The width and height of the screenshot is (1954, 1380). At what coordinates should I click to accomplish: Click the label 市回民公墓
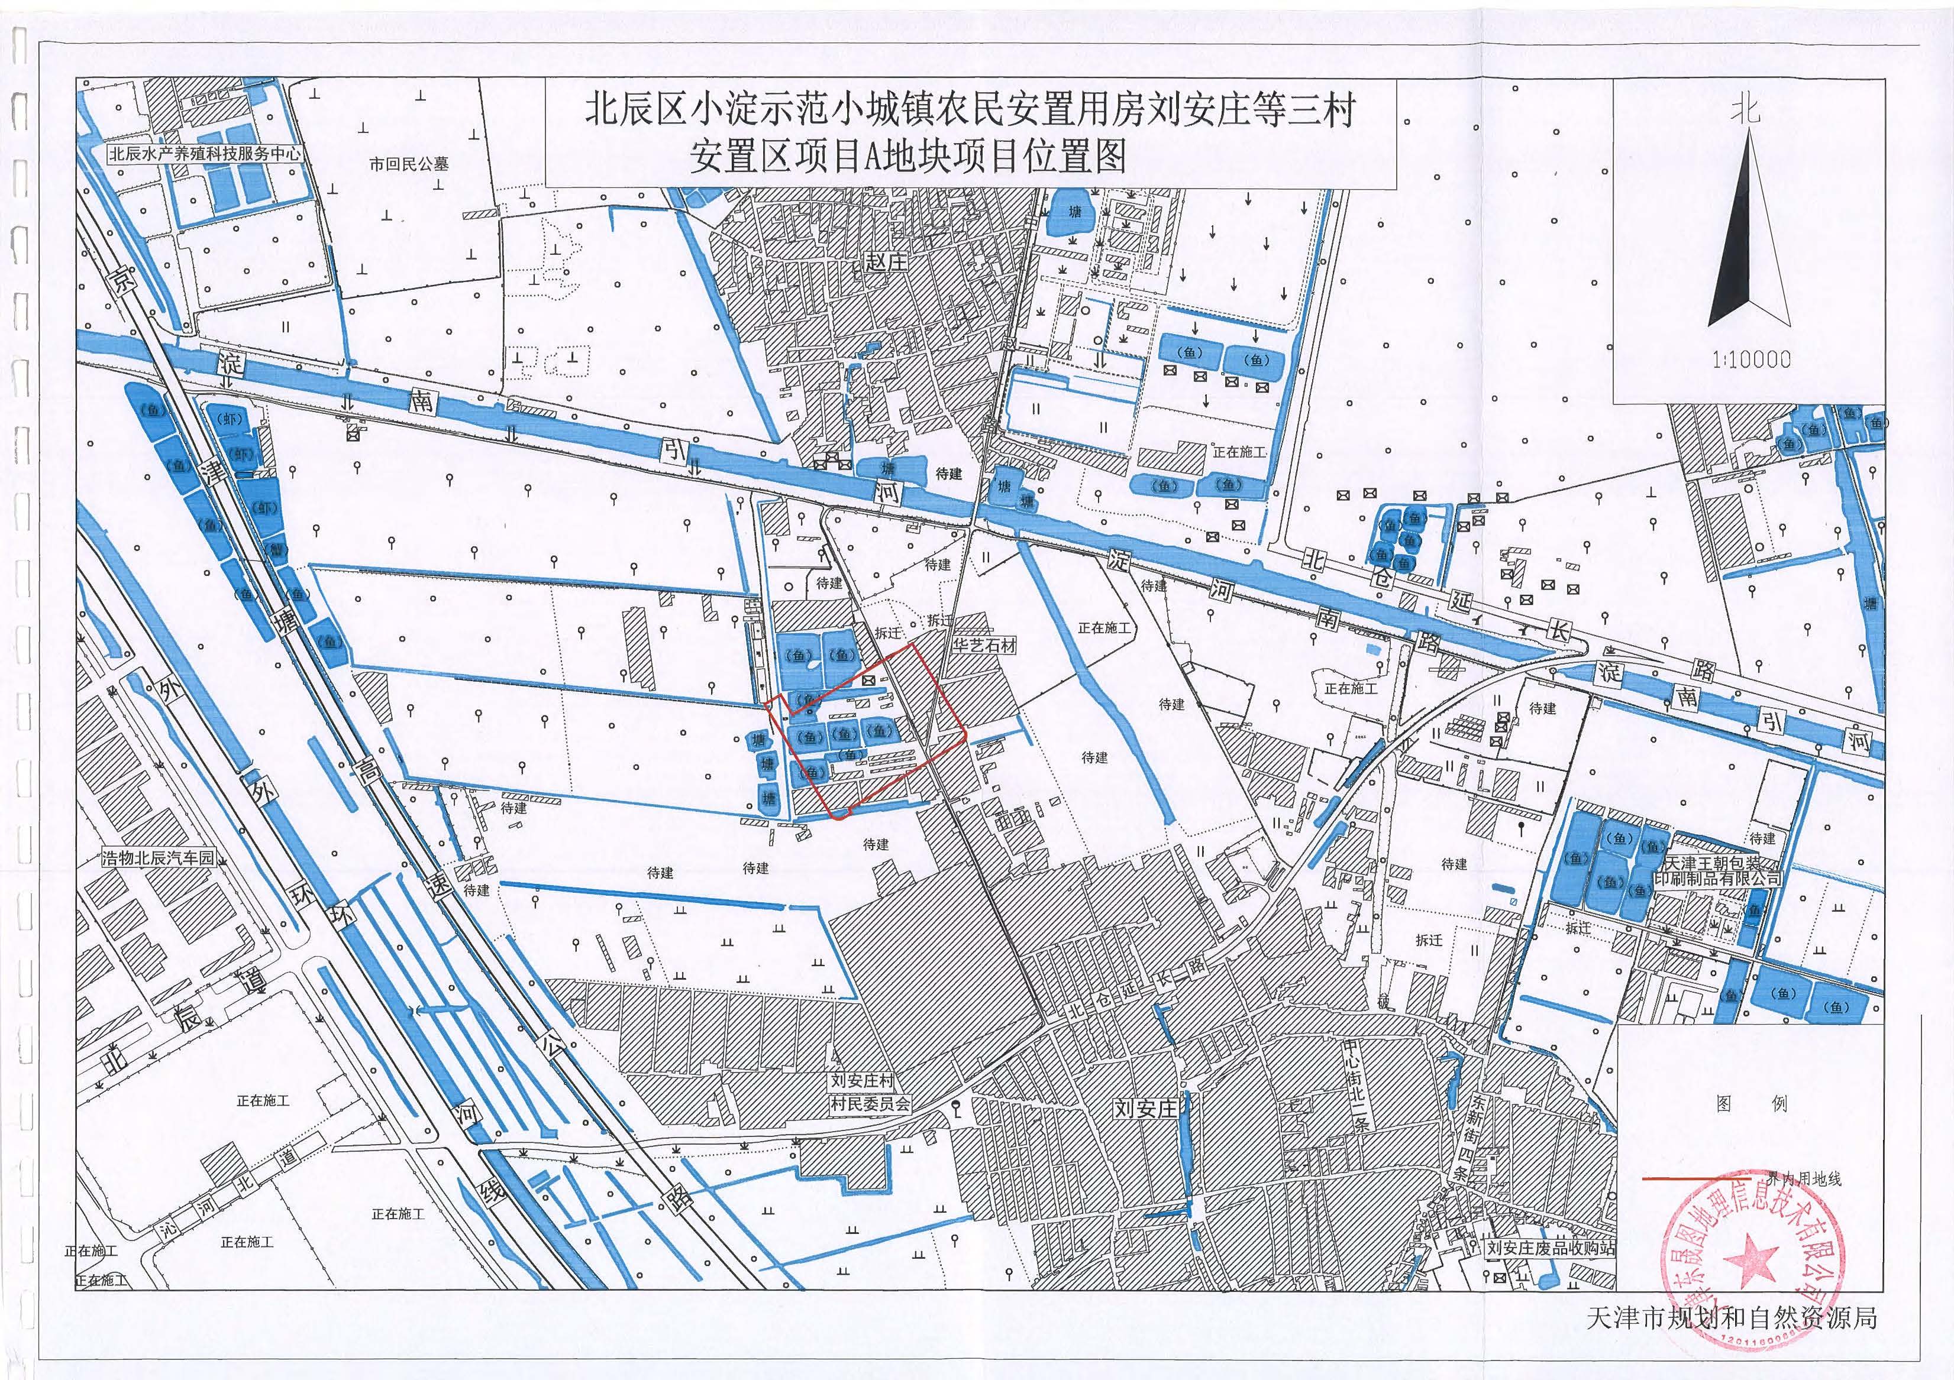409,164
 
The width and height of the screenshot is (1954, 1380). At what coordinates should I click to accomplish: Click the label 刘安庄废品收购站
1549,1248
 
